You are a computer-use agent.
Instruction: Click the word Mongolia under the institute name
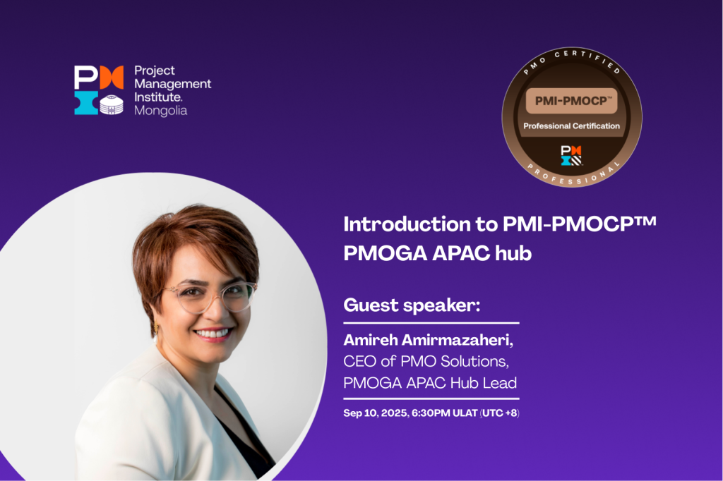pyautogui.click(x=160, y=111)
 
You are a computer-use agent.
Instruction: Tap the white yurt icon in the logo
pyautogui.click(x=112, y=104)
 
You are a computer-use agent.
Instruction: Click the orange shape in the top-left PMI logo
pyautogui.click(x=112, y=77)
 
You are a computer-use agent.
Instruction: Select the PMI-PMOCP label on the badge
pyautogui.click(x=572, y=101)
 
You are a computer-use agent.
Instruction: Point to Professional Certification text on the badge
pyautogui.click(x=571, y=126)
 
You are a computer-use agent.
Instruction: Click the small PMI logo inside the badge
pyautogui.click(x=571, y=155)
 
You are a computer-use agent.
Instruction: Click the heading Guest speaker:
pyautogui.click(x=412, y=305)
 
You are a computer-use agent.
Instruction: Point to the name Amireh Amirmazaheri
pyautogui.click(x=427, y=340)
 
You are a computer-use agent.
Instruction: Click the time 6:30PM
pyautogui.click(x=431, y=413)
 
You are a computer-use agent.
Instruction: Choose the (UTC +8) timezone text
pyautogui.click(x=500, y=413)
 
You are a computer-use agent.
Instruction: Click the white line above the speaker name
pyautogui.click(x=431, y=323)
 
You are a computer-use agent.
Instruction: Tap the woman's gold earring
pyautogui.click(x=156, y=328)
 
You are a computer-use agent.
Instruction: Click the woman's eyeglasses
pyautogui.click(x=210, y=297)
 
